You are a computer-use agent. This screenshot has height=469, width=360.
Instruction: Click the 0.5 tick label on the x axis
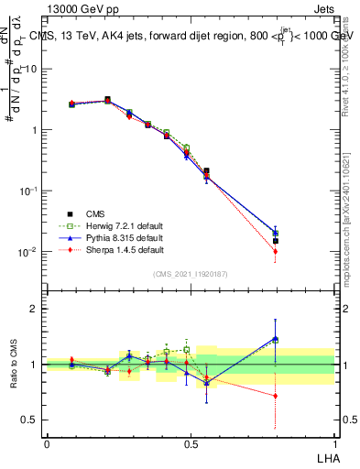[x=191, y=443]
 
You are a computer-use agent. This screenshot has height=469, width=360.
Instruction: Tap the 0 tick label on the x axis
[x=47, y=443]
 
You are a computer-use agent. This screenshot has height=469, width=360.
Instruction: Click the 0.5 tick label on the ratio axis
[x=29, y=420]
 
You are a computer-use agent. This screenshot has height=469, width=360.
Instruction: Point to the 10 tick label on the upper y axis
[x=29, y=69]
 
